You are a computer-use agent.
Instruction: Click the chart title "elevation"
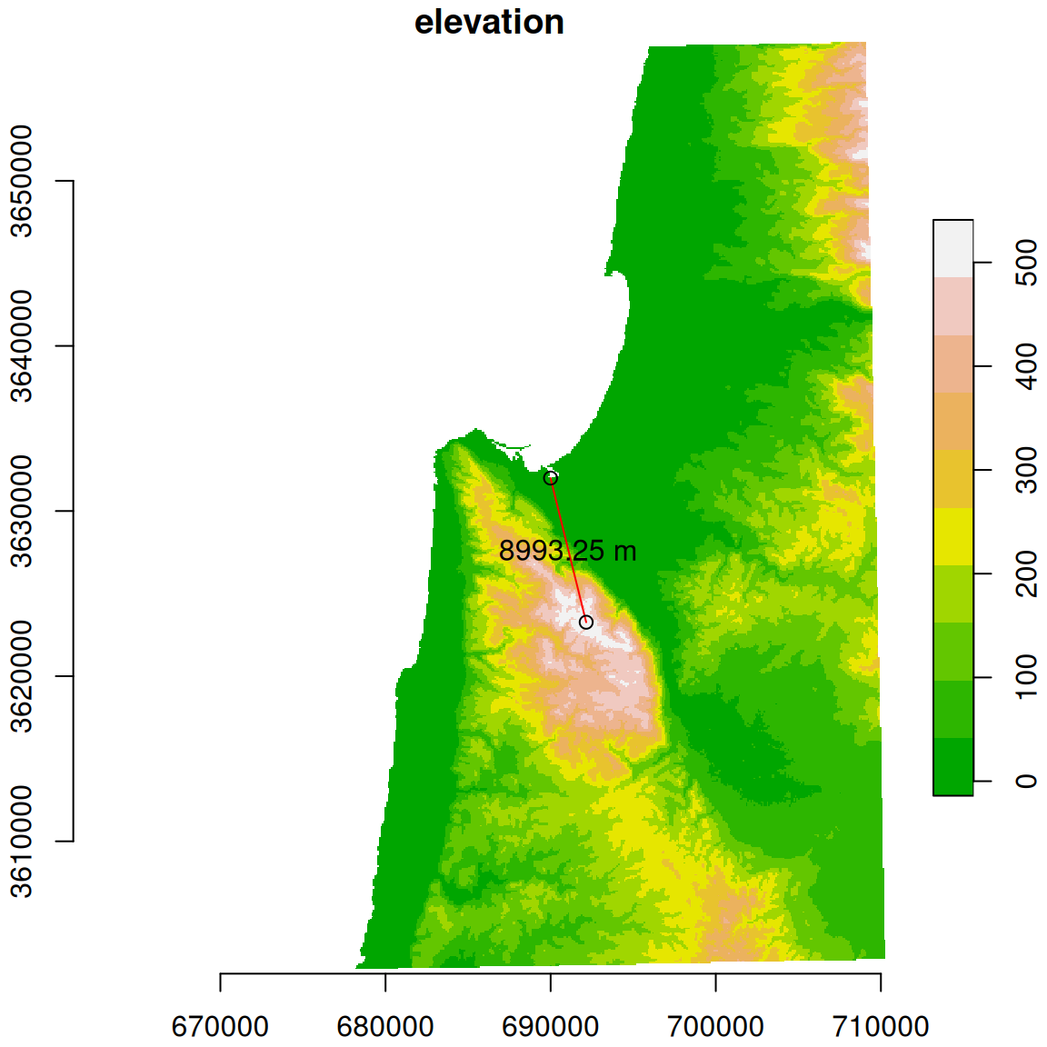(x=489, y=22)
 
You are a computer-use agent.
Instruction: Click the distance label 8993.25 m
(x=567, y=551)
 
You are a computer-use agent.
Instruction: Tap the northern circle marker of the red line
(x=551, y=478)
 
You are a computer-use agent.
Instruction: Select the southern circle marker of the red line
(x=586, y=623)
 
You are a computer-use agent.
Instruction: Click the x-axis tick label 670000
(x=220, y=1027)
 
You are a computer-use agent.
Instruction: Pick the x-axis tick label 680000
(x=385, y=1027)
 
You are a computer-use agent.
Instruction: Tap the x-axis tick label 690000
(x=550, y=1027)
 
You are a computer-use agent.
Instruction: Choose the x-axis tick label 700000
(x=715, y=1027)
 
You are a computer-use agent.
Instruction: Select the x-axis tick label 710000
(x=881, y=1027)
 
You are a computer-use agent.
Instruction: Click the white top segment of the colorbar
(x=952, y=248)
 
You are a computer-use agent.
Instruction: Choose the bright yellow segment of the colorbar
(x=952, y=536)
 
